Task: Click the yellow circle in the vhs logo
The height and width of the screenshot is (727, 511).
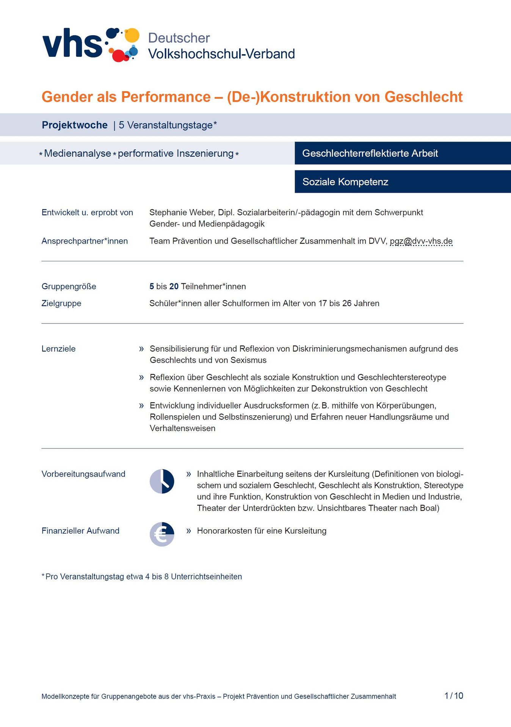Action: [132, 35]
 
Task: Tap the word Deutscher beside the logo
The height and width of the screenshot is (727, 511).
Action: [179, 38]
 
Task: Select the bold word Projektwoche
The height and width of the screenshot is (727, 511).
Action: [75, 125]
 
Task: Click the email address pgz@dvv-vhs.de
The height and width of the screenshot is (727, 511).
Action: [421, 241]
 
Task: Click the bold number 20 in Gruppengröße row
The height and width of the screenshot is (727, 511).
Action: [174, 287]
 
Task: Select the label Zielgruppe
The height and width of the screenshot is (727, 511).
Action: [61, 303]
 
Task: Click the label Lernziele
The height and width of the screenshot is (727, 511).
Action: [58, 349]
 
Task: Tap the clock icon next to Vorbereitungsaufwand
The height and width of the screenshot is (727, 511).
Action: [162, 481]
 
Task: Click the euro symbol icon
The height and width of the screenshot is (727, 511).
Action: [162, 534]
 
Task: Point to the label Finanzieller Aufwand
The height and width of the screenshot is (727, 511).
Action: [80, 531]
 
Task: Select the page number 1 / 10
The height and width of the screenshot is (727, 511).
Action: [454, 696]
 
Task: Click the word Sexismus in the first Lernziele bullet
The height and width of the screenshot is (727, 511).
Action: [248, 360]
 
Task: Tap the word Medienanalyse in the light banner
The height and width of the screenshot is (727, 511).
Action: [77, 153]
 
